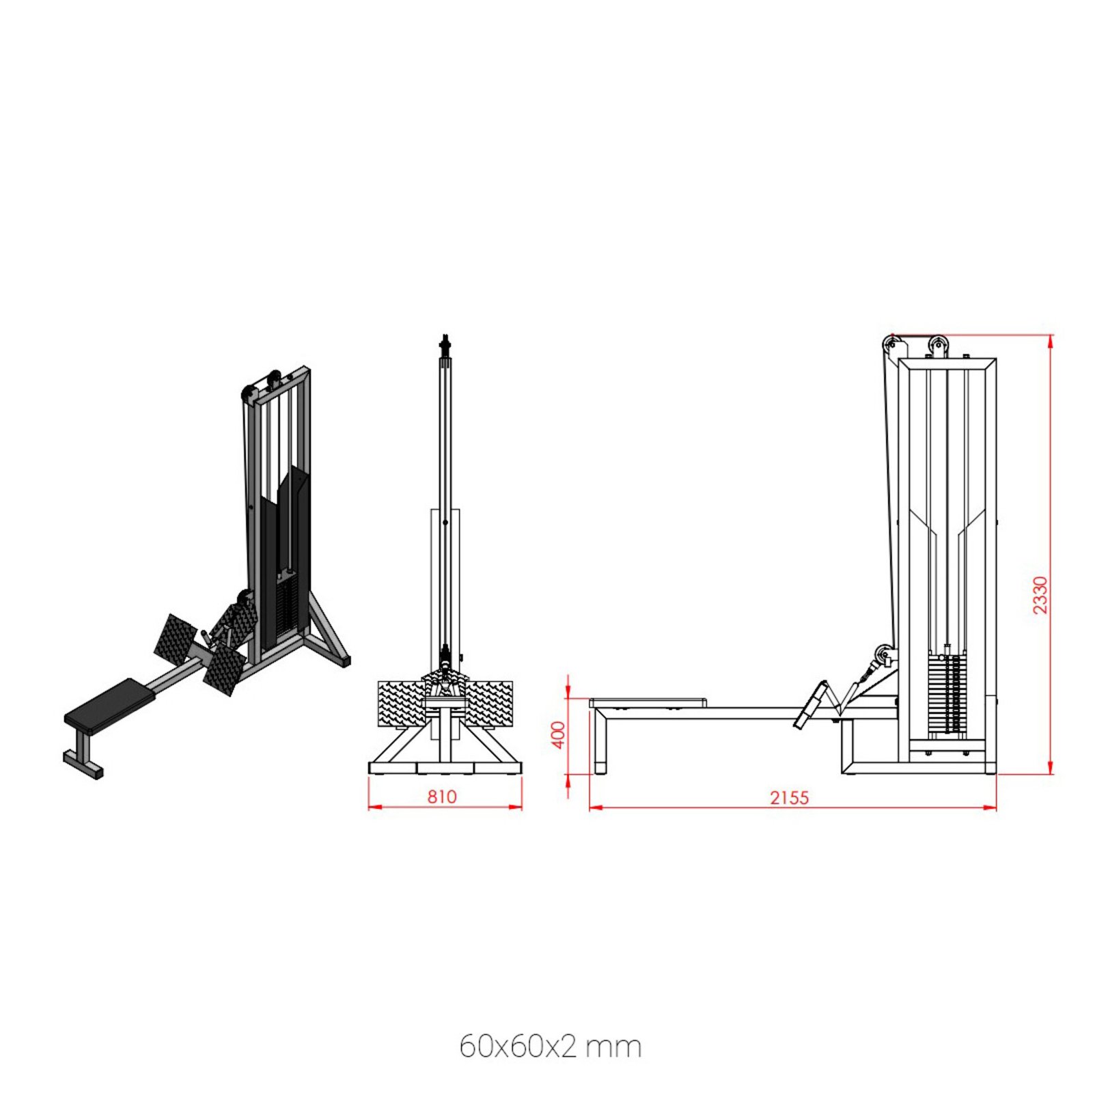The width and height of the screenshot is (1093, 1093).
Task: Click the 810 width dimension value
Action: [x=441, y=797]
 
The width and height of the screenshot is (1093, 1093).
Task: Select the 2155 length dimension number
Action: [x=789, y=797]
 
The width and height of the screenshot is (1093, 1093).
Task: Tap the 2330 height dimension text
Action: [x=1039, y=595]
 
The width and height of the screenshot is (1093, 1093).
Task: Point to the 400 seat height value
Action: [x=559, y=735]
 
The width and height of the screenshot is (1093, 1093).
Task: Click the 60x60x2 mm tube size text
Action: [x=550, y=1047]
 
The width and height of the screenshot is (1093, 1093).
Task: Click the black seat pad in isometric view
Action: [x=109, y=702]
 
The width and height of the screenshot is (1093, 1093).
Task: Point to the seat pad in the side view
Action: [x=648, y=702]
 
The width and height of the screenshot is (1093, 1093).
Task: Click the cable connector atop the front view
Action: [x=445, y=343]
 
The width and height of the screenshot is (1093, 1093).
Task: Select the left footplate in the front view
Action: [x=400, y=704]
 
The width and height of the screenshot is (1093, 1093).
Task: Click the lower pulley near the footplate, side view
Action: [x=884, y=655]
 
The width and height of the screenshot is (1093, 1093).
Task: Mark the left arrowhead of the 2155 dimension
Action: [x=592, y=808]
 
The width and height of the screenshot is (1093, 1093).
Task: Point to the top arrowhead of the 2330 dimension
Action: [x=1051, y=339]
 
